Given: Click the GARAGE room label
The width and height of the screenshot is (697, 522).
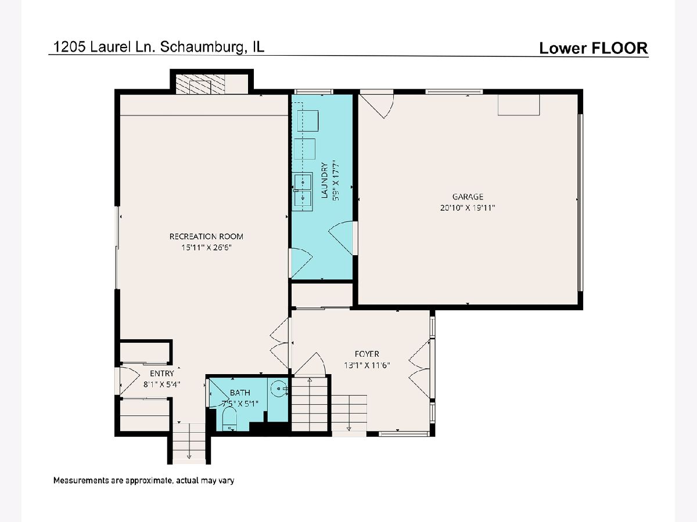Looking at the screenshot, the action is tap(468, 197).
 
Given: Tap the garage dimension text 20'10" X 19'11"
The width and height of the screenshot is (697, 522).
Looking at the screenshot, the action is tap(468, 208).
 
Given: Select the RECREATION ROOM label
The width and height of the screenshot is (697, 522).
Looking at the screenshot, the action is tap(206, 237).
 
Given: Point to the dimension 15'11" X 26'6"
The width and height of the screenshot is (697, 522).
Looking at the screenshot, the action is tap(206, 247).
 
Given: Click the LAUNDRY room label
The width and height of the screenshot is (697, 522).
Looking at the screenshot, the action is tap(324, 180).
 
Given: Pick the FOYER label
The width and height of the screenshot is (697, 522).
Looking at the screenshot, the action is tap(367, 354).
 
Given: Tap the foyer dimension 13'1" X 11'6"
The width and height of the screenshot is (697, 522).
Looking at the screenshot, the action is tap(367, 365).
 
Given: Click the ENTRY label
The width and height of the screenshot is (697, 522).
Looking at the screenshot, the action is tap(162, 373).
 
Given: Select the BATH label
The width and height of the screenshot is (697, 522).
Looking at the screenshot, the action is tap(240, 393).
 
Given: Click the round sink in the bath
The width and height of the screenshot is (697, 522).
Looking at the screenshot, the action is tap(279, 388).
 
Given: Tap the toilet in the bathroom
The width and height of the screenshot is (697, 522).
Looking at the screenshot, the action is tap(229, 419).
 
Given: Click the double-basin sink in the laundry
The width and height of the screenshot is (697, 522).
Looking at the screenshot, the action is tap(302, 192).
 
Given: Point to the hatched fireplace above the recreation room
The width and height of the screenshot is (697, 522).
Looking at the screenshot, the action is tap(200, 84).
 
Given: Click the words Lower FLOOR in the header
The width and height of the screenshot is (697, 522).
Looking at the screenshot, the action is tap(594, 48).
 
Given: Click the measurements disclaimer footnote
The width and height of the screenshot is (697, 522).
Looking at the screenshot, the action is tap(143, 480).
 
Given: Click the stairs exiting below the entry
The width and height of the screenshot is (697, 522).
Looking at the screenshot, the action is tap(189, 444).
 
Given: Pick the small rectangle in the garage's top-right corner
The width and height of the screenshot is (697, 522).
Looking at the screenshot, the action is tap(519, 104).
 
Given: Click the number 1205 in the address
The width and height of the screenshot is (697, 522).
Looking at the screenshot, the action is tap(69, 47).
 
